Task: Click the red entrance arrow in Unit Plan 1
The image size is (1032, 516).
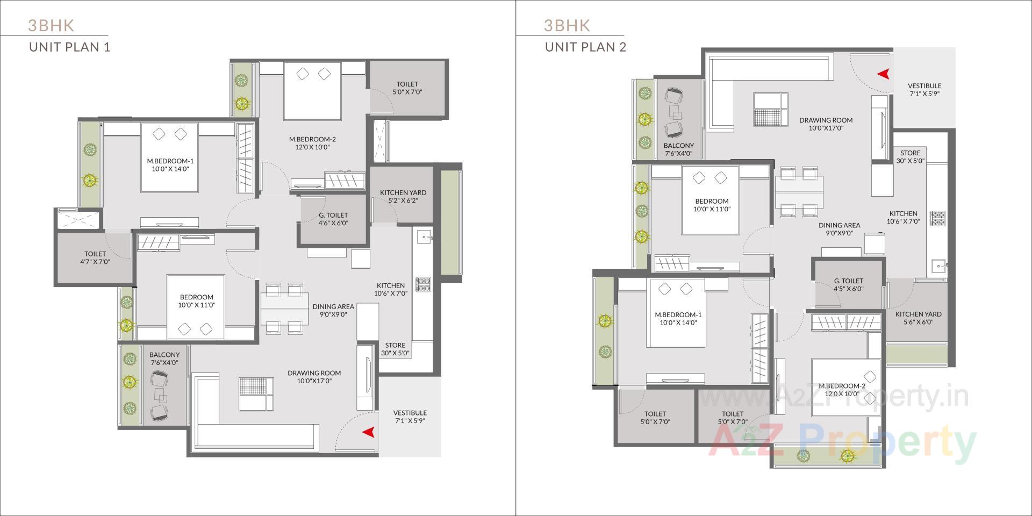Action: pyautogui.click(x=368, y=432)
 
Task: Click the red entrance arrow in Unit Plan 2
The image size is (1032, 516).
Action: pyautogui.click(x=883, y=74)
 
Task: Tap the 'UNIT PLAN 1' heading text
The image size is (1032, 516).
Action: pyautogui.click(x=69, y=47)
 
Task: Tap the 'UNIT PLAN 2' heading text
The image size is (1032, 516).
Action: pyautogui.click(x=585, y=47)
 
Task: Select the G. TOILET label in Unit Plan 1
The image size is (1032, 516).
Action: pyautogui.click(x=333, y=215)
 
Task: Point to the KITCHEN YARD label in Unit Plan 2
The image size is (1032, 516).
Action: pyautogui.click(x=918, y=314)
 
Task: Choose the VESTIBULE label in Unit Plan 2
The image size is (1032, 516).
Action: pyautogui.click(x=924, y=85)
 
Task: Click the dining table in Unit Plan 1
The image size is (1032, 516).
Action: pyautogui.click(x=284, y=309)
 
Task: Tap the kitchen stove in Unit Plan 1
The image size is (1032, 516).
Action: pyautogui.click(x=423, y=284)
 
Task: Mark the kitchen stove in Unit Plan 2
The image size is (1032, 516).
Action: pyautogui.click(x=938, y=218)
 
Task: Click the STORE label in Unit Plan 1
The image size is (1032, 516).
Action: pyautogui.click(x=395, y=345)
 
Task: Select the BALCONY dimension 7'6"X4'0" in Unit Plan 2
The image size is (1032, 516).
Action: pyautogui.click(x=678, y=153)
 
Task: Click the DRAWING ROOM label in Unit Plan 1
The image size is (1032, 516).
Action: pyautogui.click(x=314, y=372)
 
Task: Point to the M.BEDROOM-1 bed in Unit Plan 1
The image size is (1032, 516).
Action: pyautogui.click(x=169, y=157)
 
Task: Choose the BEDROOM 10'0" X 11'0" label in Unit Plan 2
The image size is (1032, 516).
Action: pyautogui.click(x=712, y=205)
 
